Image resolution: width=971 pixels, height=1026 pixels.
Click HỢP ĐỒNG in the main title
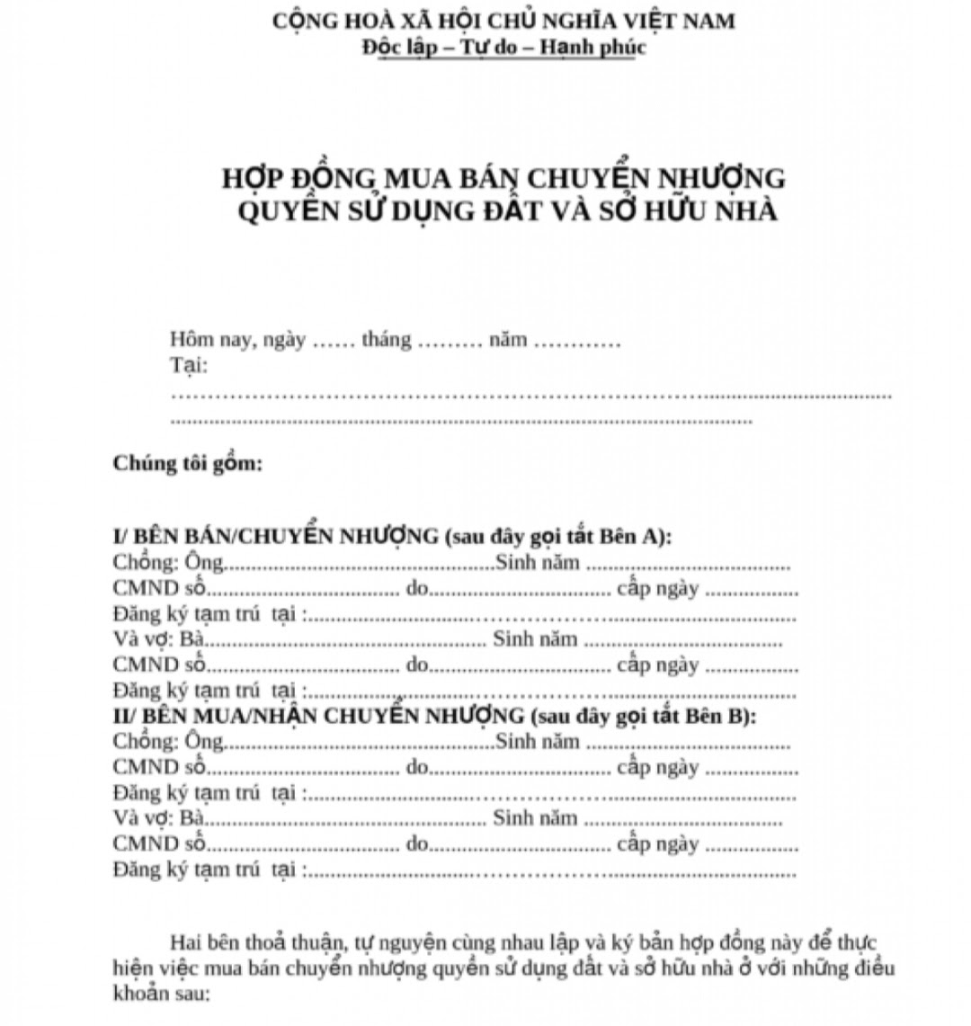click(299, 178)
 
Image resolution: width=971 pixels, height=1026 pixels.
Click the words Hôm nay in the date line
click(212, 341)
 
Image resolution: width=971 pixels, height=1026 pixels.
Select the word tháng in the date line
click(387, 341)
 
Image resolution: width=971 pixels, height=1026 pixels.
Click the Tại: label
click(189, 366)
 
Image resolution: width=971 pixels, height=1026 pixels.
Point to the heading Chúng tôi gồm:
click(188, 464)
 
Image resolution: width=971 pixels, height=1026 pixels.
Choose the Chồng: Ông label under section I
click(168, 563)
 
